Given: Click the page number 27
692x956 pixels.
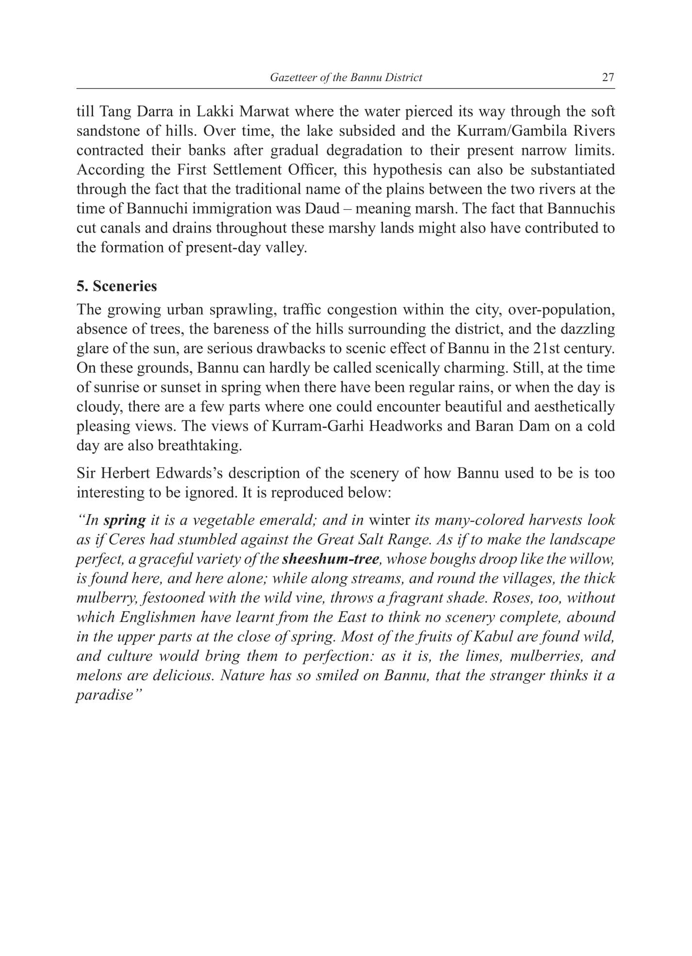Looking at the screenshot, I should [608, 78].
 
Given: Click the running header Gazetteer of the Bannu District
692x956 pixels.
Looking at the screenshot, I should [346, 78].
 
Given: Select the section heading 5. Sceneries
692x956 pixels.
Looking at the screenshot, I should [116, 286].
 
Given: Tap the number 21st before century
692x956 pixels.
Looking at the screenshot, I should [546, 349].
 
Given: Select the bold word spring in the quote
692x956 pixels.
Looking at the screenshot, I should [125, 520].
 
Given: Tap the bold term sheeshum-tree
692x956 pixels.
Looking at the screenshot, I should [330, 559].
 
